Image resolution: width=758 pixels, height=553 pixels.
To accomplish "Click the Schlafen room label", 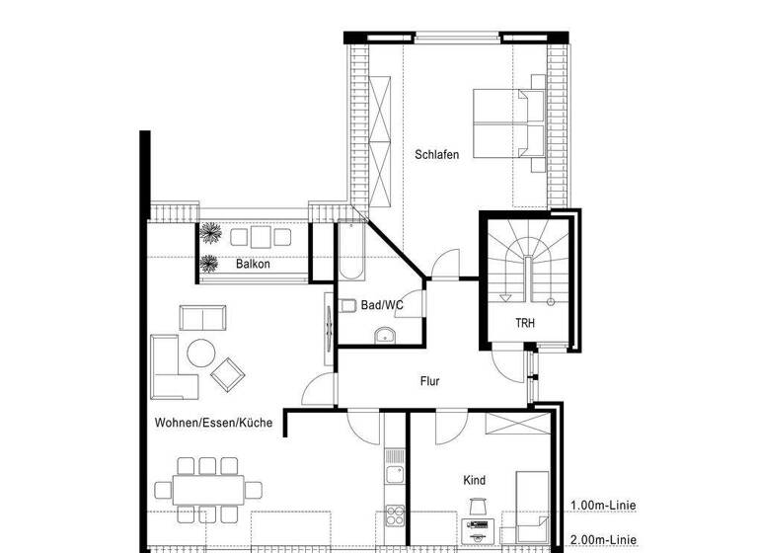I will (x=436, y=155).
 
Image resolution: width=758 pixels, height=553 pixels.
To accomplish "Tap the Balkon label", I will (x=253, y=265).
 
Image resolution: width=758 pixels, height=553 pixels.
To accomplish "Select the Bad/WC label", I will (x=382, y=306).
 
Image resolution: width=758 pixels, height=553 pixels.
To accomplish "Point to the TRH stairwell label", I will (x=525, y=323).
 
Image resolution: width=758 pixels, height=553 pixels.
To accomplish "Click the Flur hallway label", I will (x=429, y=380).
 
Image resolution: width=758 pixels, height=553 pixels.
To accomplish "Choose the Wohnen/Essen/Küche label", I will (x=213, y=423).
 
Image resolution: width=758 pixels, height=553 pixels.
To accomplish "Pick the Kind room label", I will (x=474, y=480).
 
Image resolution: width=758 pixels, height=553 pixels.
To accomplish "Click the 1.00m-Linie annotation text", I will (x=602, y=506).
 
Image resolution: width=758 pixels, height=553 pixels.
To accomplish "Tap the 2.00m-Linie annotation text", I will (x=602, y=539).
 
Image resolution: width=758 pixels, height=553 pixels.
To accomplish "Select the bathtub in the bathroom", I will (x=351, y=252).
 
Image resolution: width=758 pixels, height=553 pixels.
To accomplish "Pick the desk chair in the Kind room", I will (x=478, y=507).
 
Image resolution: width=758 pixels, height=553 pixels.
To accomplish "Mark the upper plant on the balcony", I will (x=210, y=233).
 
